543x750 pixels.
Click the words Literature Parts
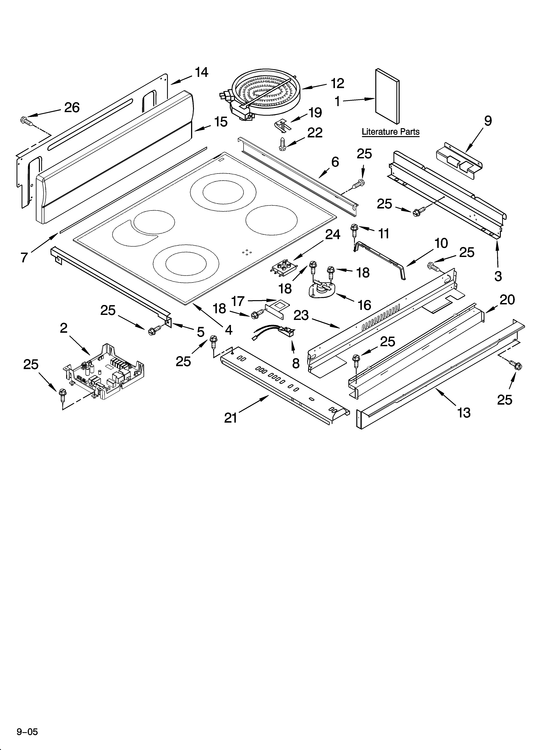tap(391, 132)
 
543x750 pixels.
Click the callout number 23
tap(301, 315)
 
